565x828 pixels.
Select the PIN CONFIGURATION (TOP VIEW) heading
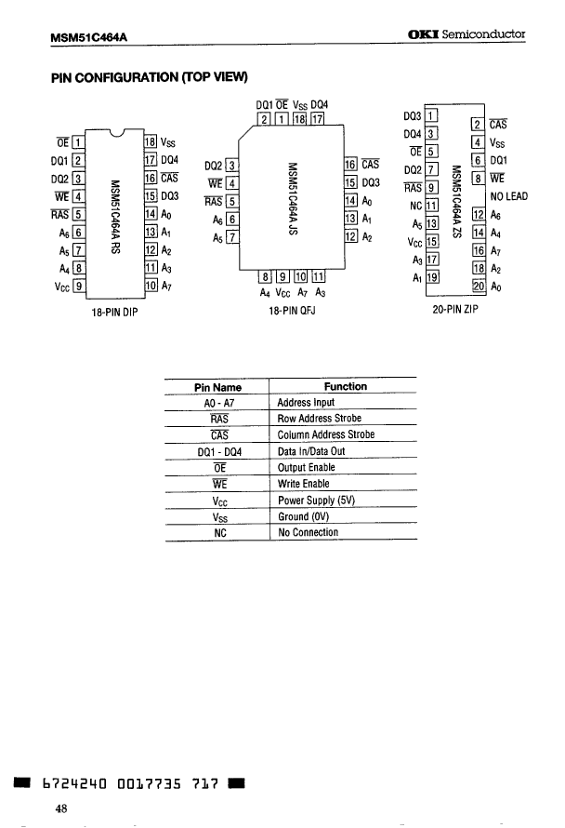tap(149, 77)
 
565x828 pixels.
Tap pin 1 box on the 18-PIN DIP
tap(78, 142)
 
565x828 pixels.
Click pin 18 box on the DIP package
tap(151, 142)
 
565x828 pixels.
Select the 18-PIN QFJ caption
tap(292, 314)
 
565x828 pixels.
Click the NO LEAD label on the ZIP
tap(509, 196)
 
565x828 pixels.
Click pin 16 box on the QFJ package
tap(351, 164)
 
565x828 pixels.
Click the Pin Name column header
tap(217, 386)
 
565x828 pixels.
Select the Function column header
tap(345, 386)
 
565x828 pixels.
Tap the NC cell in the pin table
tap(220, 533)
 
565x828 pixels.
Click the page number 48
tap(61, 809)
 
